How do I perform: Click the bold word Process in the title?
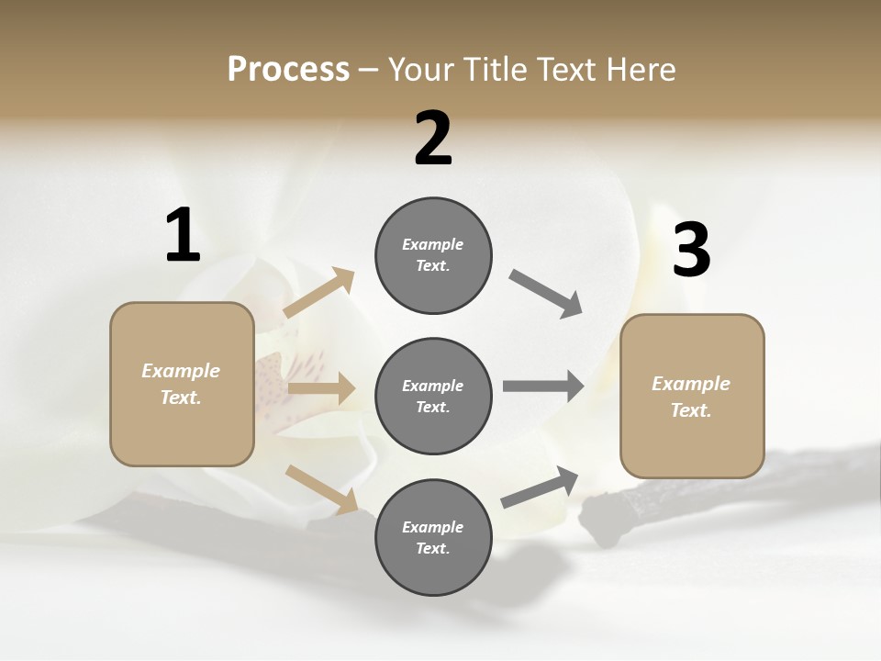pos(288,70)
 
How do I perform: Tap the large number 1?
pos(183,236)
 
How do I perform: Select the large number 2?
pos(433,139)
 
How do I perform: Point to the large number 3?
pos(691,251)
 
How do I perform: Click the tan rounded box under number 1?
pos(182,384)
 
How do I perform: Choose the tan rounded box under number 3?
pos(692,396)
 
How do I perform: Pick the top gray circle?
pos(433,255)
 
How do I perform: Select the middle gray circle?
pos(433,396)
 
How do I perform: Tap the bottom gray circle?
pos(433,537)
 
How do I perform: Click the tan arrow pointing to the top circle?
pos(319,293)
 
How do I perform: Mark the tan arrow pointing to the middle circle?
pos(321,389)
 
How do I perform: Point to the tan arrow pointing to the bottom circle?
pos(321,488)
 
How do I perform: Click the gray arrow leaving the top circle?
pos(546,293)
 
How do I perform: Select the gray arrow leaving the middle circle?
pos(543,387)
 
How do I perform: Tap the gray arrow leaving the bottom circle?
pos(540,487)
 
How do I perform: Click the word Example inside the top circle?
pos(433,244)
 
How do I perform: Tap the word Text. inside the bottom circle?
pos(433,548)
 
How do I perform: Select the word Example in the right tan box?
pos(691,384)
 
